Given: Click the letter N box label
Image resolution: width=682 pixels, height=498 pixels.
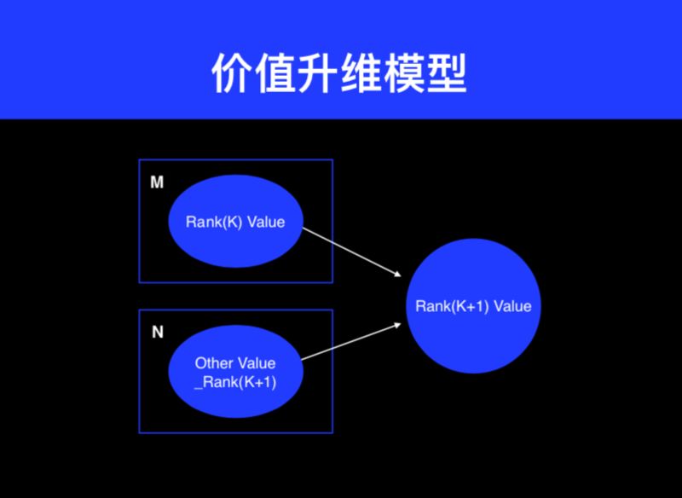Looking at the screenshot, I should [157, 333].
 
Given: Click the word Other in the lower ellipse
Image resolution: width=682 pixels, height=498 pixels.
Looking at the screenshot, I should [213, 363].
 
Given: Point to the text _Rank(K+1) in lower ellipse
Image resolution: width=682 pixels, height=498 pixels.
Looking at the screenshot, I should [235, 381].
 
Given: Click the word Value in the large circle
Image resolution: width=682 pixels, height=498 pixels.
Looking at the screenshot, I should [511, 306].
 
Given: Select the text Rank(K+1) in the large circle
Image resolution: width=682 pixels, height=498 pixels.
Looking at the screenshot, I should [452, 306].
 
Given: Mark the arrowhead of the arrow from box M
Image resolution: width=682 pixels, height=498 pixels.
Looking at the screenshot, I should [396, 274].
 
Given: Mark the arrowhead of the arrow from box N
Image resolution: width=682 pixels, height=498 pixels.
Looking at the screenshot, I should [397, 325].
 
